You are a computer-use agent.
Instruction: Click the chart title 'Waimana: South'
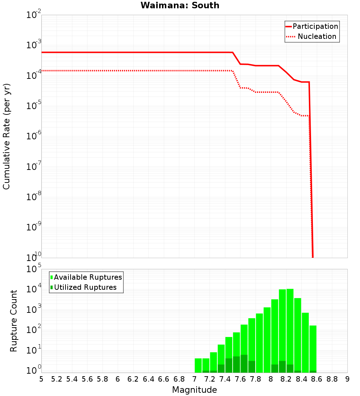coord(180,5)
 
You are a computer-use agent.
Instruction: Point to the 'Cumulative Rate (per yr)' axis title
coord(6,136)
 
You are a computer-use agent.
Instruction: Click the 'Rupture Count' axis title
coord(14,321)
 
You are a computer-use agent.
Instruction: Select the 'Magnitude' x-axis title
coord(194,390)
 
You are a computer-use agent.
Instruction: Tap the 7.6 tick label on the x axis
coord(240,379)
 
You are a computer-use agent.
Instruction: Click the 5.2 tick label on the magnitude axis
coord(57,379)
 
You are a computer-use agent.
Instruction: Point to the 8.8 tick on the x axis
coord(332,379)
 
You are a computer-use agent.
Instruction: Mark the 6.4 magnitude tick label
coord(148,379)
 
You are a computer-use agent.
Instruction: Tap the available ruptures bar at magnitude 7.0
coord(198,365)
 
